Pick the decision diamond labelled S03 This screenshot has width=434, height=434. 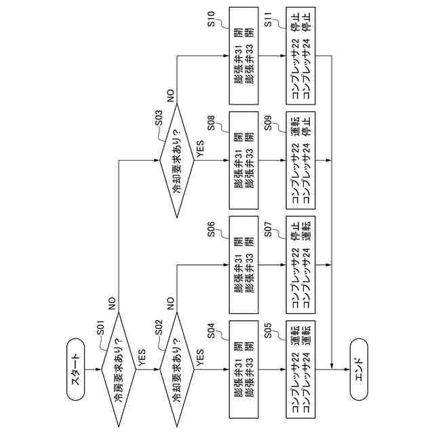coord(176,161)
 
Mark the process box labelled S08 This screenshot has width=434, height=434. coord(243,161)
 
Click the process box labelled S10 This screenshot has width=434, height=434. coord(243,56)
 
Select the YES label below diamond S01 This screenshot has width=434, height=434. coord(142,357)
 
